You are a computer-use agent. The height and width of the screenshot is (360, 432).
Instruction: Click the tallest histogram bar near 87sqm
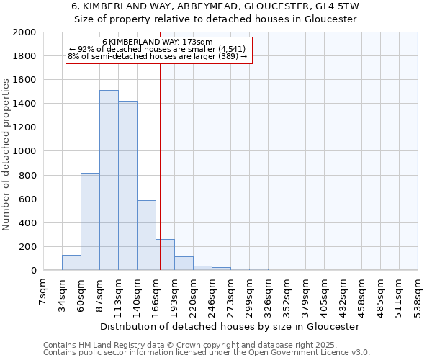pyautogui.click(x=109, y=180)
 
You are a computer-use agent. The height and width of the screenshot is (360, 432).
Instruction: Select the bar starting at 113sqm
pyautogui.click(x=127, y=186)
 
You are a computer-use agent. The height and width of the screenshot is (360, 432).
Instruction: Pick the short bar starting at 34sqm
pyautogui.click(x=71, y=263)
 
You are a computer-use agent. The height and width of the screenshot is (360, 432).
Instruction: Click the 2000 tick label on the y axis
pyautogui.click(x=24, y=32)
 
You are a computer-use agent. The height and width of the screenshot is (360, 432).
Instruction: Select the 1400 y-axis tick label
pyautogui.click(x=24, y=104)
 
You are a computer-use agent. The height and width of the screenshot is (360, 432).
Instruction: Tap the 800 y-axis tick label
pyautogui.click(x=27, y=175)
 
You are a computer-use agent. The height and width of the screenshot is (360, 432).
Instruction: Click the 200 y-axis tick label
pyautogui.click(x=27, y=246)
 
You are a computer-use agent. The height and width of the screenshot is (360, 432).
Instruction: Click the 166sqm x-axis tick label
pyautogui.click(x=156, y=292)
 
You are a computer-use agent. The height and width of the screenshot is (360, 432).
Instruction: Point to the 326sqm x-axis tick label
pyautogui.click(x=268, y=292)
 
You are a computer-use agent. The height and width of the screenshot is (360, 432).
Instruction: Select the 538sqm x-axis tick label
pyautogui.click(x=418, y=292)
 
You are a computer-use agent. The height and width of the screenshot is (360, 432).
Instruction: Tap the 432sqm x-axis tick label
pyautogui.click(x=343, y=292)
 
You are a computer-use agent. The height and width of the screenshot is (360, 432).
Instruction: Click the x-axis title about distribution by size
pyautogui.click(x=230, y=326)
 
